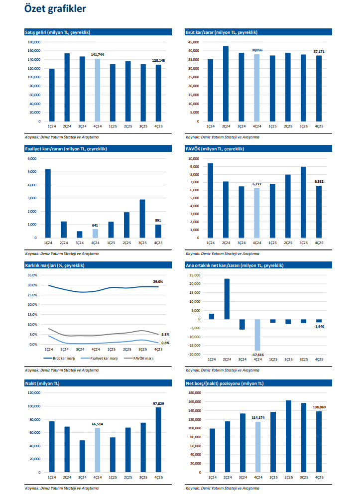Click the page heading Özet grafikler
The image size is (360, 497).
(55, 9)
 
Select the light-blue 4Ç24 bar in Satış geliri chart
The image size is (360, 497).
(98, 90)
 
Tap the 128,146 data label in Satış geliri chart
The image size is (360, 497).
(158, 60)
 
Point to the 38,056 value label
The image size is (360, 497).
(257, 50)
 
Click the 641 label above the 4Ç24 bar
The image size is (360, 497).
(95, 225)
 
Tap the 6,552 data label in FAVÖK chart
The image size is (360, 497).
(319, 182)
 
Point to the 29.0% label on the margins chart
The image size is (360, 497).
(158, 282)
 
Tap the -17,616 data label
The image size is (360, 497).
(257, 355)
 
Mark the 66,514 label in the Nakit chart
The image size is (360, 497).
(97, 424)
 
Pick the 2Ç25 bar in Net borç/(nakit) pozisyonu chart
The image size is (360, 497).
(288, 436)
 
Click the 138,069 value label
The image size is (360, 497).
(319, 407)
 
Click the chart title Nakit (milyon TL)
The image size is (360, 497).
(42, 383)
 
